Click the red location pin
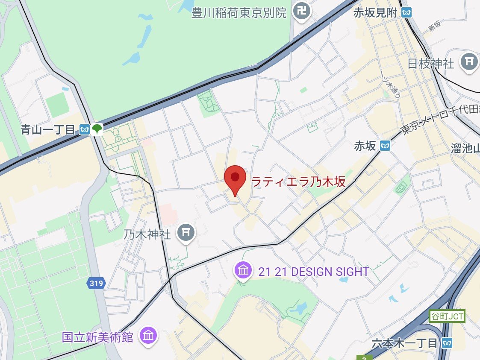[x=235, y=179]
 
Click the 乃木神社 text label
[x=147, y=234]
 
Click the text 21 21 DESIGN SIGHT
[x=313, y=272]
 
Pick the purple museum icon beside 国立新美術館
[x=148, y=336]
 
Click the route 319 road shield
[x=96, y=283]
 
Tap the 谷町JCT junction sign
[x=446, y=317]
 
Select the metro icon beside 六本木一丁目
[x=448, y=342]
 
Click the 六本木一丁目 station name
[x=404, y=343]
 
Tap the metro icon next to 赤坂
[x=386, y=146]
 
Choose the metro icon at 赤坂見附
[x=407, y=13]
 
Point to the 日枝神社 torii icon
[x=469, y=62]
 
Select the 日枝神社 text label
[x=430, y=64]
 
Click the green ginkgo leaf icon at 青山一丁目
[x=97, y=129]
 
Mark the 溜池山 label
[x=465, y=148]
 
